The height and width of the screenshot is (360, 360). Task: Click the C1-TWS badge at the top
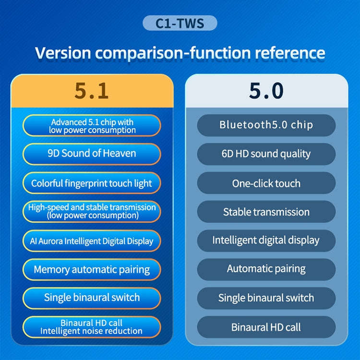[180, 23]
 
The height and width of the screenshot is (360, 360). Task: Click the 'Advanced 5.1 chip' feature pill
[92, 126]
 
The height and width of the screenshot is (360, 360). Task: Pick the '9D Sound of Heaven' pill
[92, 154]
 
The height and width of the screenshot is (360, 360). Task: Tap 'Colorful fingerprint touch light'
[92, 183]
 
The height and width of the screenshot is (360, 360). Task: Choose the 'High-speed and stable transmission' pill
[92, 211]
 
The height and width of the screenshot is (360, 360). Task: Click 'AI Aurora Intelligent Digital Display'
[92, 240]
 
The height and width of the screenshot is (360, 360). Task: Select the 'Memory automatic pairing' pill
[92, 269]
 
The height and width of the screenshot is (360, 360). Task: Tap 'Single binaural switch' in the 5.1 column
[92, 298]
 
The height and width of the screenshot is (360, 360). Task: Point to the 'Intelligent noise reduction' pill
[92, 326]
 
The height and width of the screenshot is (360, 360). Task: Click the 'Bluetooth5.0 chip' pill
[266, 125]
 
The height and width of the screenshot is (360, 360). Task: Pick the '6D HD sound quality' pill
[266, 154]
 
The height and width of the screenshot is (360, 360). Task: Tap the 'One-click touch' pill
[266, 183]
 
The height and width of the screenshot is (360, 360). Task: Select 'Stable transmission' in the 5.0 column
[266, 211]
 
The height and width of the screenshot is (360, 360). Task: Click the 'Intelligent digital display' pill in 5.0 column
[266, 240]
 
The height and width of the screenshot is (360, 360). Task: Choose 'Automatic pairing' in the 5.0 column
[266, 269]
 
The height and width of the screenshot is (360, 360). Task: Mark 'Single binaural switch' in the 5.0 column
[266, 298]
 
